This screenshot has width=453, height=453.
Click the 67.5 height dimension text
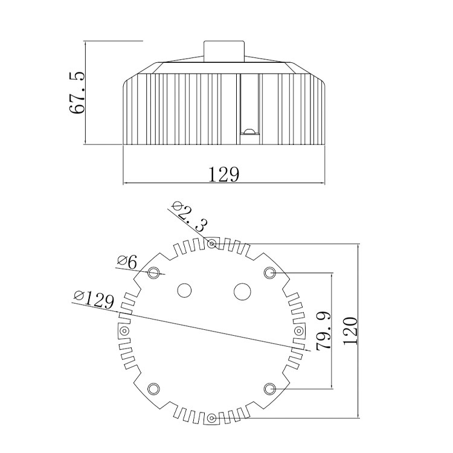pos(77,92)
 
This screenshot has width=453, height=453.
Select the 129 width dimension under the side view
pos(224,174)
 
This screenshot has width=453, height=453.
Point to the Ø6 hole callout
pos(127,263)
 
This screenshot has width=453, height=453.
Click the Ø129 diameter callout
pos(94,300)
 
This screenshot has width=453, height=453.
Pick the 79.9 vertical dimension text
pos(324,331)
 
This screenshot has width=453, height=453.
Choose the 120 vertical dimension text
pos(351,331)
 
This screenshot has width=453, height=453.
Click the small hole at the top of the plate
pos(212,244)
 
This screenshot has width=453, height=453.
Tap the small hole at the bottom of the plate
pos(212,418)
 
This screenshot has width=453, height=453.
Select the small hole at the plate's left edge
pos(124,330)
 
